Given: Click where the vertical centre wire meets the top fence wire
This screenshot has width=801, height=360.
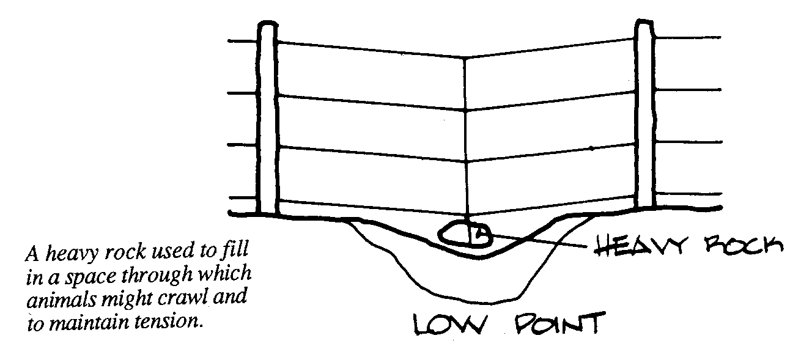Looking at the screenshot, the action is (465, 58).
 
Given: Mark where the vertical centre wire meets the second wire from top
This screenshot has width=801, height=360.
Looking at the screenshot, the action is (465, 111).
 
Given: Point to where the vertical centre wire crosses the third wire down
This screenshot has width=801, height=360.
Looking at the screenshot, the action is (466, 162).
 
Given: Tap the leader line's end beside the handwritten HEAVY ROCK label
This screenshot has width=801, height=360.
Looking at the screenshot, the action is (586, 247).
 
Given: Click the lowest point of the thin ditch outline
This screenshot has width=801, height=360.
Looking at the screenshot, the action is (483, 303).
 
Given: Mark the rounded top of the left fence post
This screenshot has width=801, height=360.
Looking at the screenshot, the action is (267, 24).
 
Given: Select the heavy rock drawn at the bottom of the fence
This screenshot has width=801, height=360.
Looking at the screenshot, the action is (465, 235).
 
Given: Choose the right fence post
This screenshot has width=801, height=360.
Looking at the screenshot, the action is (644, 114).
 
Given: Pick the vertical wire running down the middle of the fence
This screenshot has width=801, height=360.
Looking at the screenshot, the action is (465, 139).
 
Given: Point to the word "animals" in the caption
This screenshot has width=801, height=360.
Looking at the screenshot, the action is (61, 299).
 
